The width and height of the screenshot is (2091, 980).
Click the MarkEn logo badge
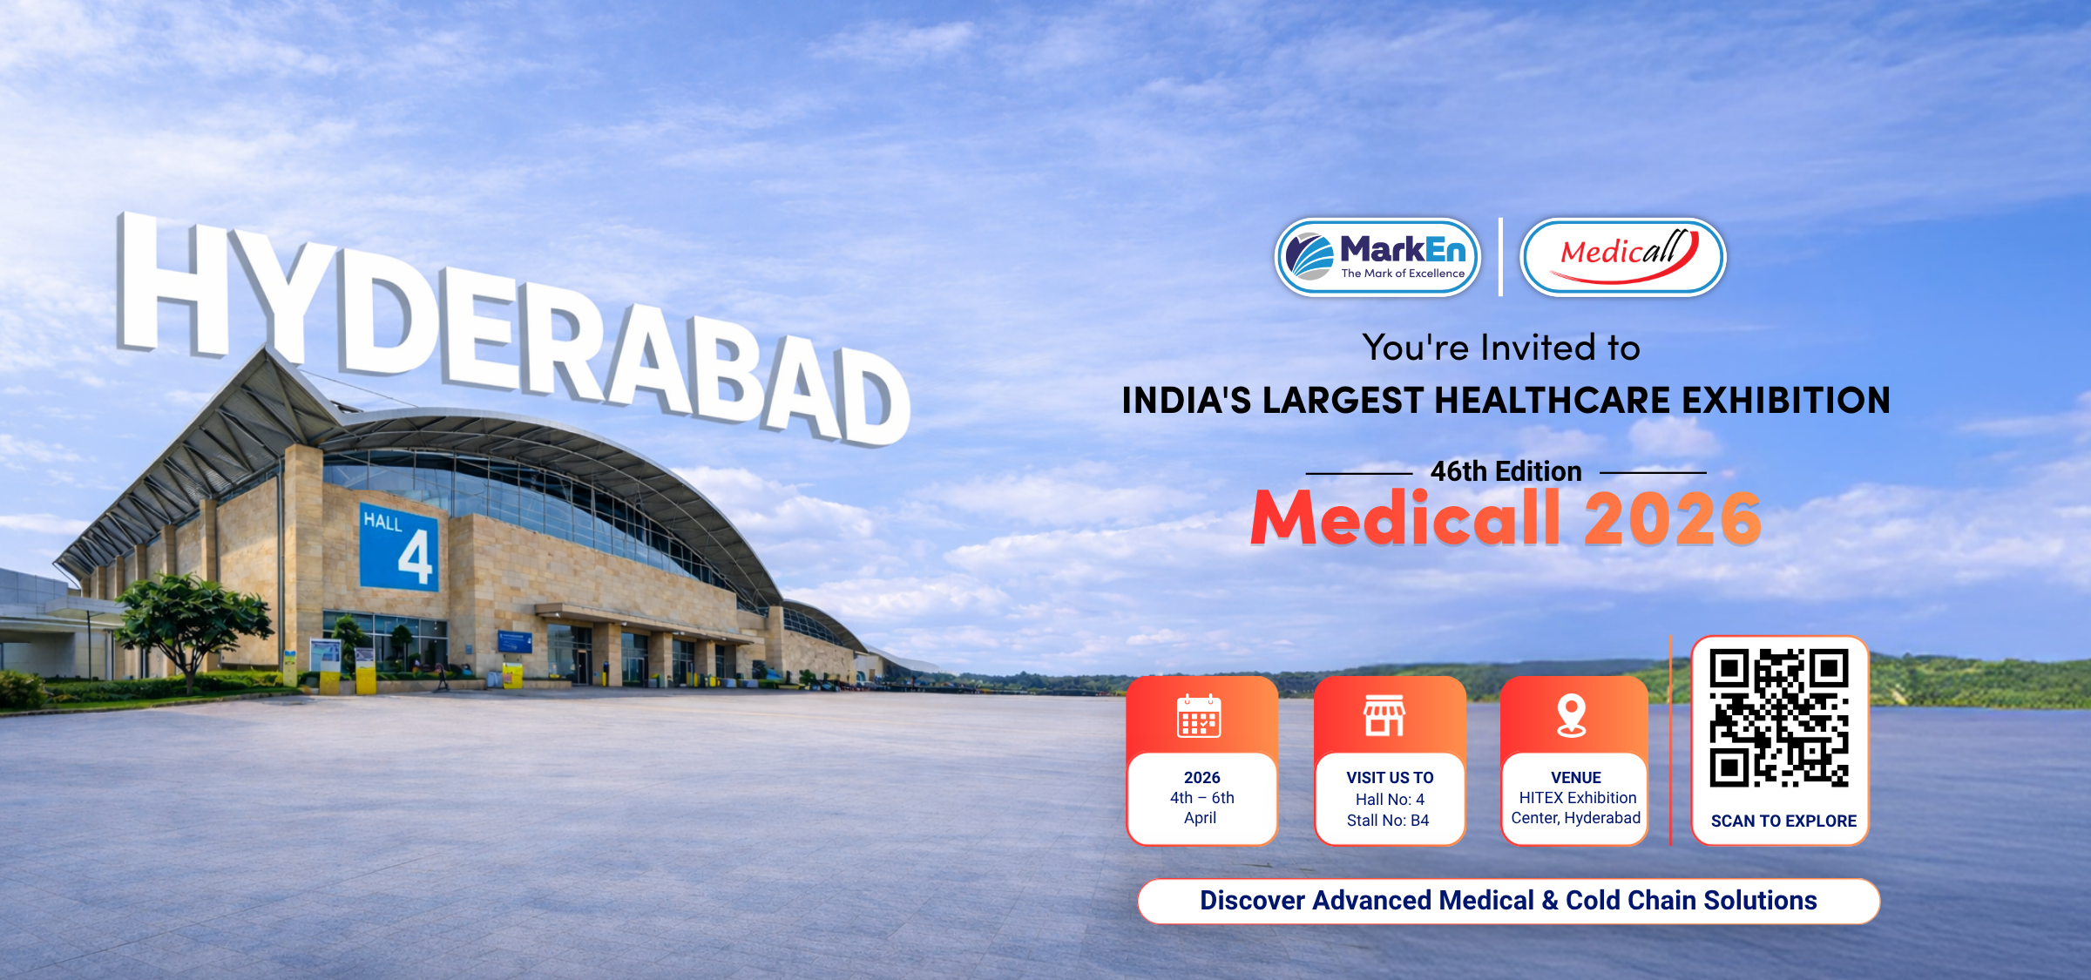click(x=1377, y=257)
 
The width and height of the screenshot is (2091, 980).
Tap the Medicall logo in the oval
click(x=1622, y=257)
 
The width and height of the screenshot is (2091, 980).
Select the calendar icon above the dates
click(x=1199, y=716)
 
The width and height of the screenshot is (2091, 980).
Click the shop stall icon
click(x=1384, y=716)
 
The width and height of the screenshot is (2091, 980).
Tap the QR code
click(x=1779, y=718)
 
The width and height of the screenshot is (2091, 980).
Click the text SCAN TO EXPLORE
click(x=1783, y=821)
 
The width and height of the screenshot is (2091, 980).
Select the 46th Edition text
click(x=1506, y=471)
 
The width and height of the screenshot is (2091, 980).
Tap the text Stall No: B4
click(x=1388, y=821)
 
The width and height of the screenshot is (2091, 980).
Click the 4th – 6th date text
click(x=1201, y=798)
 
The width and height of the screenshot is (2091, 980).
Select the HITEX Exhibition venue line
click(x=1578, y=798)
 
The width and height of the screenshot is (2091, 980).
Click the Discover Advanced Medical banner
click(x=1508, y=901)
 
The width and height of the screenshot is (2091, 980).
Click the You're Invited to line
click(x=1501, y=348)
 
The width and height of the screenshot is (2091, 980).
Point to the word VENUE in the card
click(x=1575, y=778)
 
